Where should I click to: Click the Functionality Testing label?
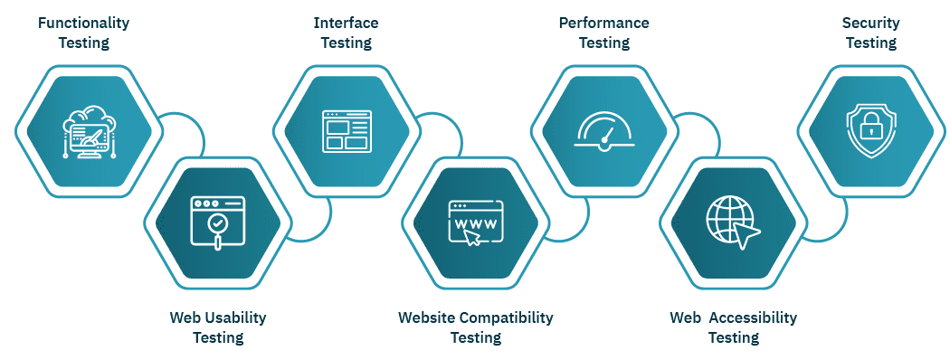pyautogui.click(x=83, y=32)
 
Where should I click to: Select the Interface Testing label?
pyautogui.click(x=346, y=32)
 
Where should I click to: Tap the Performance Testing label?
pyautogui.click(x=603, y=32)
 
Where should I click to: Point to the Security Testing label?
pyautogui.click(x=870, y=32)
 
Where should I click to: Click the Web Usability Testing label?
pyautogui.click(x=217, y=327)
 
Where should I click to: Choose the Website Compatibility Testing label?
pyautogui.click(x=475, y=327)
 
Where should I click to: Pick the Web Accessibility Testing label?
pyautogui.click(x=733, y=327)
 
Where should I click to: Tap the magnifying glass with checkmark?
pyautogui.click(x=218, y=223)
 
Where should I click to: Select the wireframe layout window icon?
pyautogui.click(x=346, y=130)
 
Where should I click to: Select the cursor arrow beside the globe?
pyautogui.click(x=748, y=236)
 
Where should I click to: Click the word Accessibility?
pyautogui.click(x=753, y=317)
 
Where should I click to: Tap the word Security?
pyautogui.click(x=870, y=22)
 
